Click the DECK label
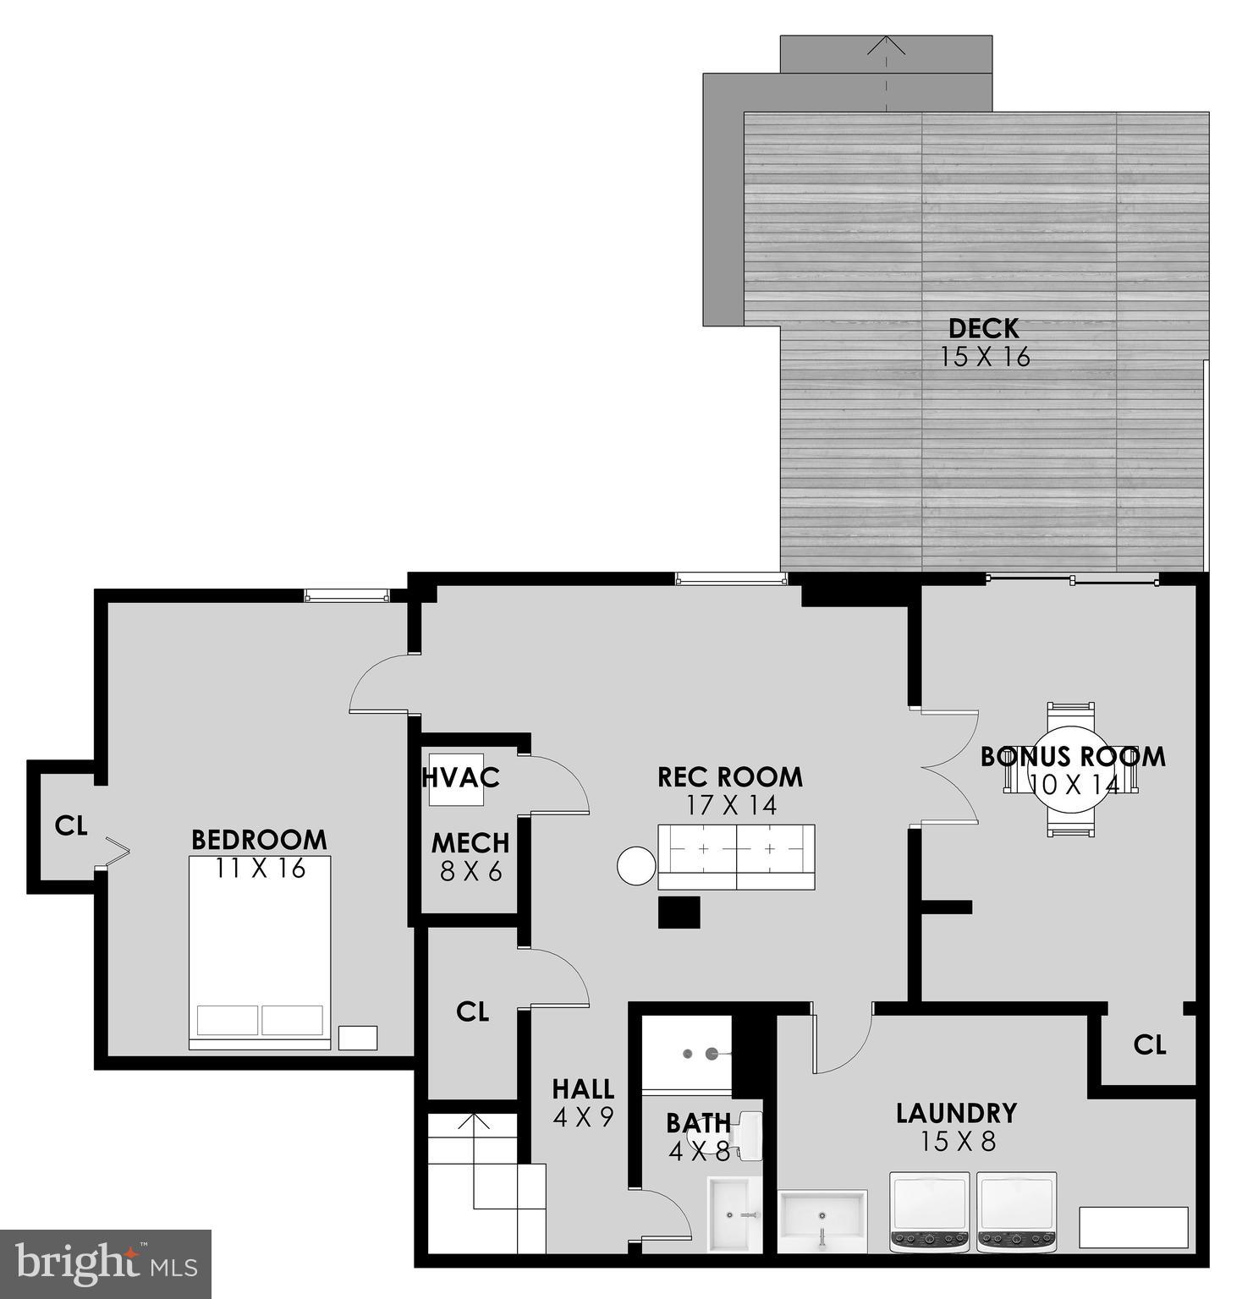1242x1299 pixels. click(983, 327)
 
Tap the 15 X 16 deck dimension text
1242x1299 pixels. click(985, 357)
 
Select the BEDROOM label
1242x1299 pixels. click(259, 840)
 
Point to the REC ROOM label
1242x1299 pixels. click(730, 776)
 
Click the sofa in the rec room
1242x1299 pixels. click(736, 856)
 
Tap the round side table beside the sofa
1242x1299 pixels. click(636, 866)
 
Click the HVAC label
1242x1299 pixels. click(461, 776)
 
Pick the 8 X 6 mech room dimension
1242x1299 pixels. click(470, 871)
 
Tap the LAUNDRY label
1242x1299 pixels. click(956, 1113)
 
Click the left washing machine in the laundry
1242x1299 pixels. click(931, 1211)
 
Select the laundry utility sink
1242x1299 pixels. click(822, 1219)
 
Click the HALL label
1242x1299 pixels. click(583, 1088)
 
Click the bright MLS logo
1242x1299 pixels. click(105, 1263)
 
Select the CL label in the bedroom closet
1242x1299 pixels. click(71, 825)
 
